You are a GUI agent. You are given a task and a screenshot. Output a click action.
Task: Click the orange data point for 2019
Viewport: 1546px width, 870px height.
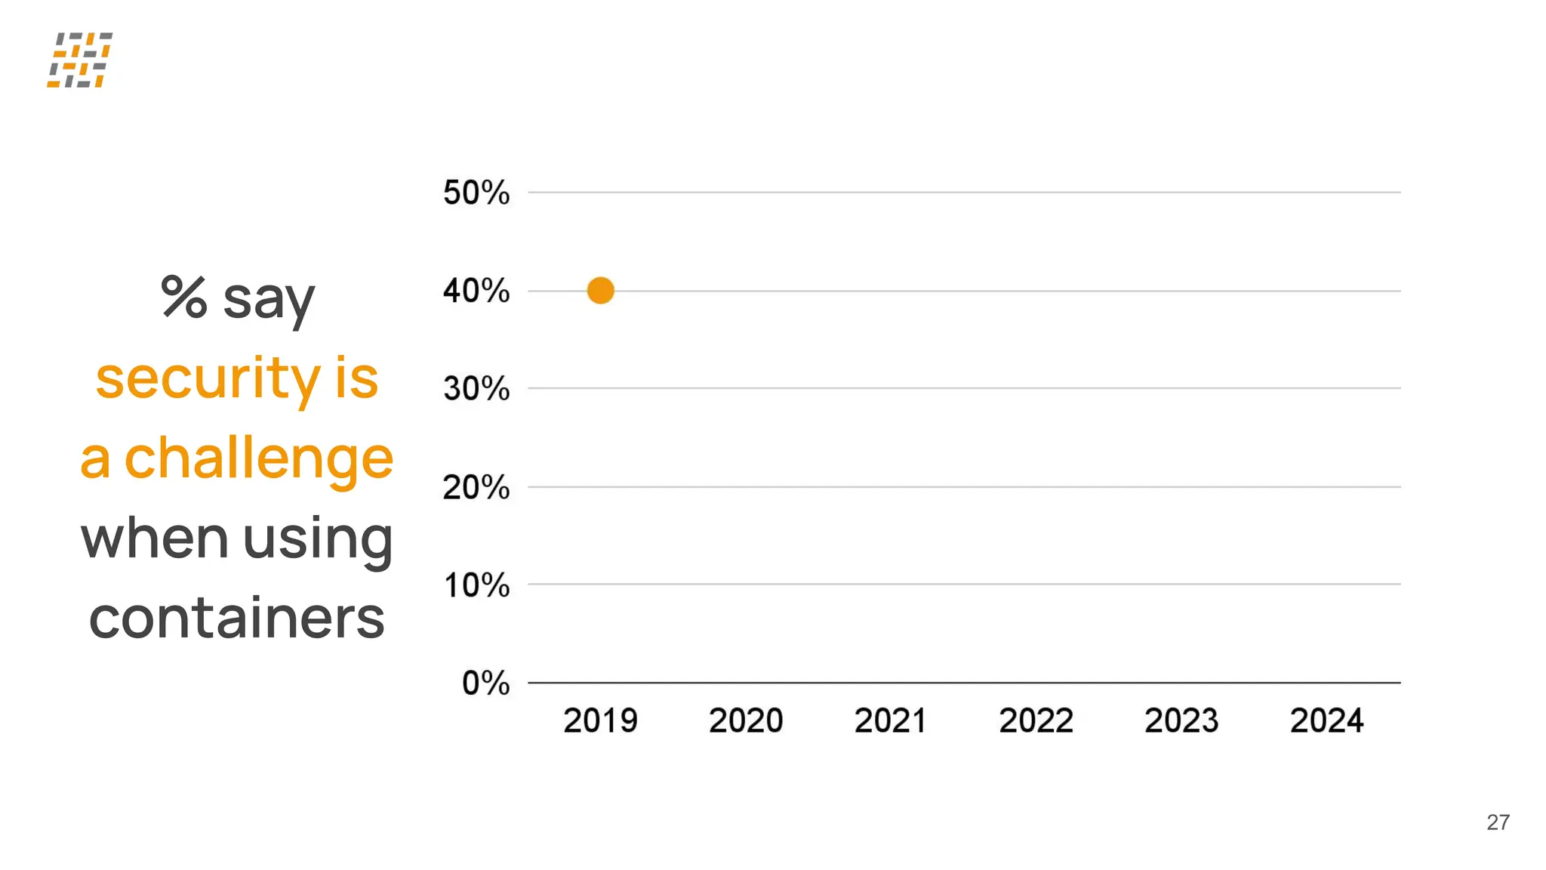(600, 290)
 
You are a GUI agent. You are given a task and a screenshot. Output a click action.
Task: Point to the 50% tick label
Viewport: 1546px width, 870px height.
(476, 193)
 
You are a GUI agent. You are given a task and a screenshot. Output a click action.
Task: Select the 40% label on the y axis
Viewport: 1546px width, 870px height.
(476, 291)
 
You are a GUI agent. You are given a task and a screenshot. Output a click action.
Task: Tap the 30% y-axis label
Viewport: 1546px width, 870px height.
(476, 389)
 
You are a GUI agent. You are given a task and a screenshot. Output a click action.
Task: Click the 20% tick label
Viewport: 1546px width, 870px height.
(476, 487)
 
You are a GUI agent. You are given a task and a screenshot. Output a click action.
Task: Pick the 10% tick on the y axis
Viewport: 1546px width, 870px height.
(476, 585)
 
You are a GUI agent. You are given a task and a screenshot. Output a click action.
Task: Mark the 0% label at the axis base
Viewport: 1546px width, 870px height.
(485, 683)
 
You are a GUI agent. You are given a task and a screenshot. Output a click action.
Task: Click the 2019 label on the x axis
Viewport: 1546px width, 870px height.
(600, 720)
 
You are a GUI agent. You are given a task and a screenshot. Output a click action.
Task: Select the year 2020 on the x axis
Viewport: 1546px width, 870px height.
(746, 720)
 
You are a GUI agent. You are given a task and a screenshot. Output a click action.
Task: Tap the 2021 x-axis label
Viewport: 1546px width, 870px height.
(891, 720)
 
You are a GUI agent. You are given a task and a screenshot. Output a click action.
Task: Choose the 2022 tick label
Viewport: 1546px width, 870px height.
(1036, 720)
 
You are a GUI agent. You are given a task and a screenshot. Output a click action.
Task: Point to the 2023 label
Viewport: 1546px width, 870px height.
(1181, 720)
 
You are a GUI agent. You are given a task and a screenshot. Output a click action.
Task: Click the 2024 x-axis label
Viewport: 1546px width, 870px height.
(1327, 720)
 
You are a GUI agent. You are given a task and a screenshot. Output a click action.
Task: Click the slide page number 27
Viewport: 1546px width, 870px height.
(1498, 822)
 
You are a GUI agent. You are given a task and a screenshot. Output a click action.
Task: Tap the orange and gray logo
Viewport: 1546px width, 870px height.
(79, 60)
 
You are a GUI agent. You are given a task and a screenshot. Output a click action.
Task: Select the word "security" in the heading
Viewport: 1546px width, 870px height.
(208, 378)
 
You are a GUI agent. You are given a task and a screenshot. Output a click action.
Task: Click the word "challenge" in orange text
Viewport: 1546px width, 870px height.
(258, 458)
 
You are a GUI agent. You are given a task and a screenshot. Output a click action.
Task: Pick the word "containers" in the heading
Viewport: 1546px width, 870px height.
(236, 619)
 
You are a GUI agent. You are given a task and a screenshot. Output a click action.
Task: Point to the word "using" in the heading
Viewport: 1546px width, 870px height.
(318, 539)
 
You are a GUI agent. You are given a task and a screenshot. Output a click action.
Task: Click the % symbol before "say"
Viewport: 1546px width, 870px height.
(183, 297)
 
